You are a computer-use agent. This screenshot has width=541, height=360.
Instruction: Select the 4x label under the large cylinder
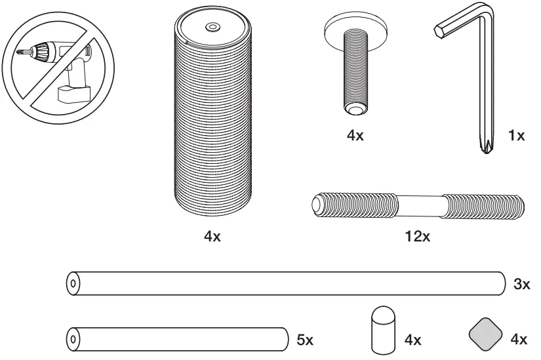(x=212, y=237)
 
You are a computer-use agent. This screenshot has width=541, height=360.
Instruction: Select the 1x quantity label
(x=517, y=136)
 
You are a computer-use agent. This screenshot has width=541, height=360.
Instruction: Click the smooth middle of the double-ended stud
(x=420, y=204)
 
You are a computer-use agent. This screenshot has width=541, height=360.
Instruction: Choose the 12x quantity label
(x=417, y=237)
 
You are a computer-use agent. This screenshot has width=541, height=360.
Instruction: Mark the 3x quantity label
(x=522, y=285)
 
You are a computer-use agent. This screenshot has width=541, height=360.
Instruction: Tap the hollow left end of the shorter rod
(x=72, y=339)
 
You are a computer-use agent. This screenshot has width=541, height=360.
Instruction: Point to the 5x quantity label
(x=305, y=340)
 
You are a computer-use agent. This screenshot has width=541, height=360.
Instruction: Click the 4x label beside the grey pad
(x=519, y=340)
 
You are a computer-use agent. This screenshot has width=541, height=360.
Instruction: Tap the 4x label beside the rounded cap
(x=412, y=340)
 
